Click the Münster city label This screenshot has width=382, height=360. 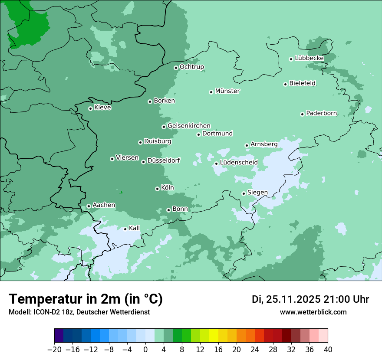[x=227, y=91]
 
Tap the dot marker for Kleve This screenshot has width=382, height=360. [x=90, y=108]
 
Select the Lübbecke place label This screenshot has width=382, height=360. [x=309, y=58]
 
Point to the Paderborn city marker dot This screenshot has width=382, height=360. [x=302, y=114]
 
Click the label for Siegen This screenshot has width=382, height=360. [x=257, y=193]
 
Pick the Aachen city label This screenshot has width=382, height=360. [x=104, y=205]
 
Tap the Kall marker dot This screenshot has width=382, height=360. [x=125, y=229]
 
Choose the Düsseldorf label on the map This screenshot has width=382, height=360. [x=164, y=161]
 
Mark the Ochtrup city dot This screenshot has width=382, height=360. [x=176, y=68]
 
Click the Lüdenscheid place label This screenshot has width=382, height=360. [x=239, y=163]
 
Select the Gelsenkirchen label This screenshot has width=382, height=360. [x=189, y=126]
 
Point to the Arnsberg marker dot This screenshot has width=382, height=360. [x=247, y=145]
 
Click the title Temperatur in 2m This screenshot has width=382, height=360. [x=86, y=299]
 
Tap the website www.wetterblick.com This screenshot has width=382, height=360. [x=313, y=312]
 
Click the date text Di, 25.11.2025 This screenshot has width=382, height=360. [x=286, y=299]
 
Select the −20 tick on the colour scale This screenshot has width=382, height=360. [x=55, y=350]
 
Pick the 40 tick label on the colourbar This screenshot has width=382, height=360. [x=328, y=350]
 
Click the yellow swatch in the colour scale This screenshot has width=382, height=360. [x=214, y=336]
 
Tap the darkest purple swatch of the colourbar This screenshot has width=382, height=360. [x=59, y=336]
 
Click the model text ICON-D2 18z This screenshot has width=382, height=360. [x=53, y=312]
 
